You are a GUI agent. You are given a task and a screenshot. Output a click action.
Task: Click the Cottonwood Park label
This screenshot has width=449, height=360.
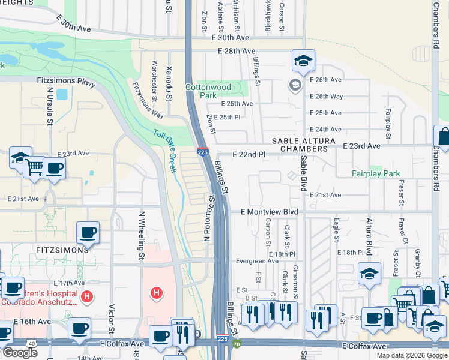(x=217, y=91)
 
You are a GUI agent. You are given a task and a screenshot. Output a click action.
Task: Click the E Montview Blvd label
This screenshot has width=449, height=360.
(x=270, y=212)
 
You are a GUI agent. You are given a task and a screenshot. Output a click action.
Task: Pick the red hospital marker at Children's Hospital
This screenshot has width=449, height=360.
(x=88, y=296)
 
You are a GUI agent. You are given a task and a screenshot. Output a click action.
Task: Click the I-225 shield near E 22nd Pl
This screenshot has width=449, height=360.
(x=203, y=153)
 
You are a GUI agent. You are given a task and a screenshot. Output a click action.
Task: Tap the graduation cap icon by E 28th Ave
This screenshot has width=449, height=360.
(x=303, y=60)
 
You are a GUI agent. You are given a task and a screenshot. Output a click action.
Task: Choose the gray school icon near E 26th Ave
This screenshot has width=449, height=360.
(x=295, y=85)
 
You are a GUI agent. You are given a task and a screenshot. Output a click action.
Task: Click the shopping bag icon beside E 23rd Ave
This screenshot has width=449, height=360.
(x=442, y=137)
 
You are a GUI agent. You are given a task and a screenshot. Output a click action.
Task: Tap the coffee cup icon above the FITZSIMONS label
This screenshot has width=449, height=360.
(x=88, y=233)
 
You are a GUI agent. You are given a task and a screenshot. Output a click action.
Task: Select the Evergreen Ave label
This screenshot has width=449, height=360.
(x=258, y=262)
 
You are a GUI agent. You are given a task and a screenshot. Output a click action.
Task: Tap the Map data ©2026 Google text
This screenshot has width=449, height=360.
(x=412, y=355)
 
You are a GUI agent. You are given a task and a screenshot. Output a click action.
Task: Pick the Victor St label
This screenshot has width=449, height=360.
(x=112, y=317)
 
